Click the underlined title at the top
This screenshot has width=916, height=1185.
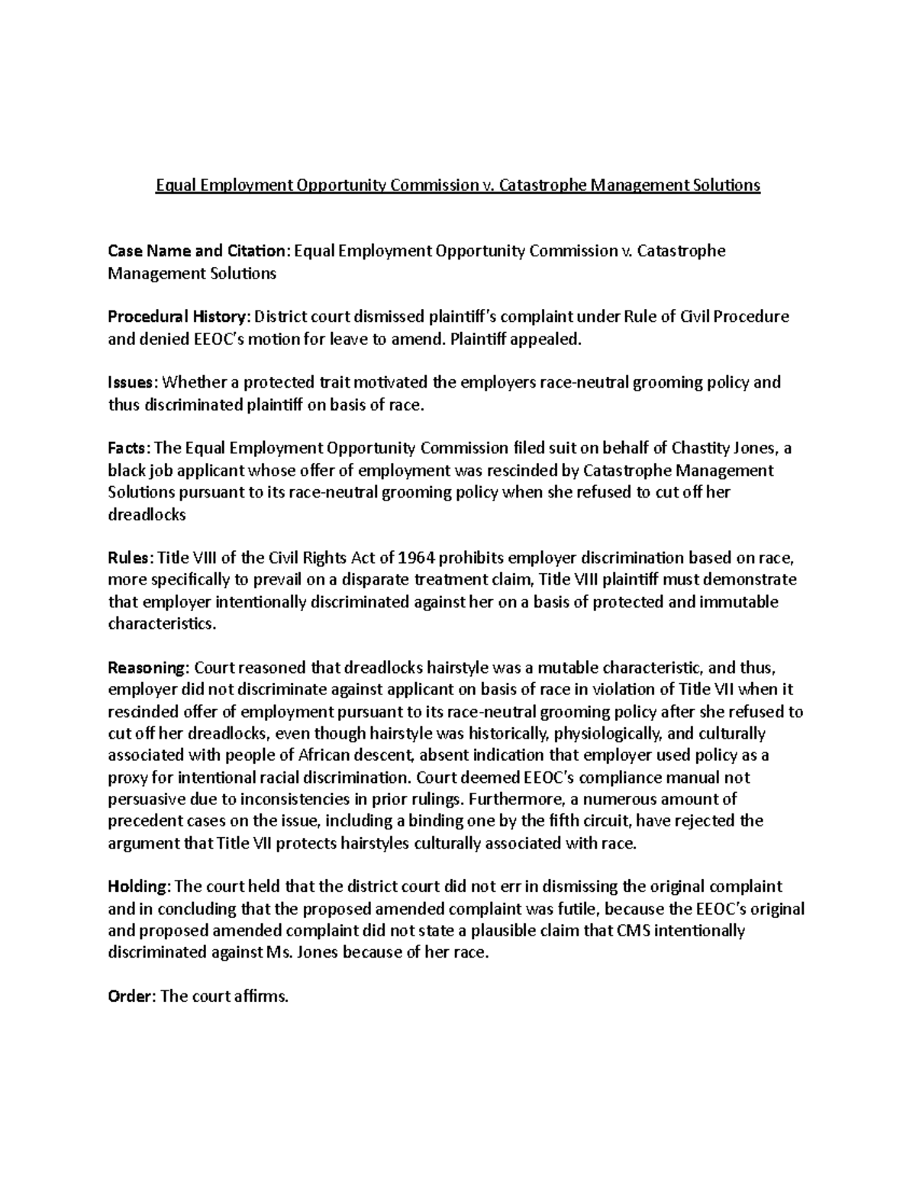point(458,185)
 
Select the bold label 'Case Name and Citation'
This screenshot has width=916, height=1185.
point(197,251)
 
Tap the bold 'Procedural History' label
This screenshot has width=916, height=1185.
point(177,317)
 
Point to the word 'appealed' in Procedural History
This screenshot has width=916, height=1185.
point(543,340)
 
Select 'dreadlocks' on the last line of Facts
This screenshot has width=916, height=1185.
point(147,514)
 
